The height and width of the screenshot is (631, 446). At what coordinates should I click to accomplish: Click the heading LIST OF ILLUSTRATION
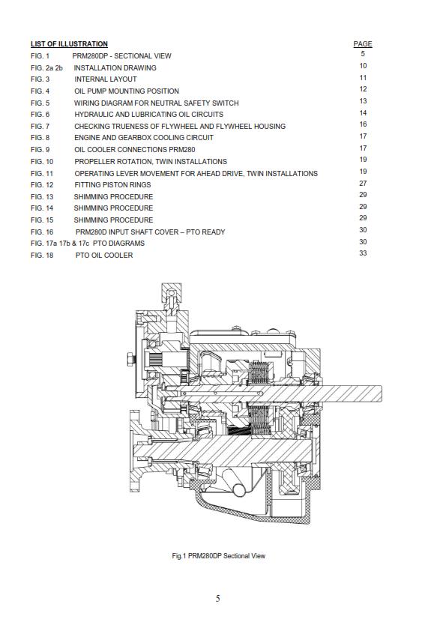[x=69, y=44]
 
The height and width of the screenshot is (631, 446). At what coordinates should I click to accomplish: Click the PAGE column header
[x=363, y=44]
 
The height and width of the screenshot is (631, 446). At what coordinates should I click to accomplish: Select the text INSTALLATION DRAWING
[x=115, y=67]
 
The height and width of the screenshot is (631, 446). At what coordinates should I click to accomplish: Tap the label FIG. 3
[x=40, y=79]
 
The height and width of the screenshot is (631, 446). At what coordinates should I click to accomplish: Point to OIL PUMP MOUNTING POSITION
[x=126, y=91]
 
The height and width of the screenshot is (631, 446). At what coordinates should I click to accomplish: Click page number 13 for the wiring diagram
[x=363, y=101]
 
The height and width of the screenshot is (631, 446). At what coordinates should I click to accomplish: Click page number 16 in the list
[x=363, y=124]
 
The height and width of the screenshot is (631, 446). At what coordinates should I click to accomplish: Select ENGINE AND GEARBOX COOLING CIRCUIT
[x=143, y=138]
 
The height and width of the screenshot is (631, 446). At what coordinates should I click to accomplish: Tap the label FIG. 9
[x=40, y=150]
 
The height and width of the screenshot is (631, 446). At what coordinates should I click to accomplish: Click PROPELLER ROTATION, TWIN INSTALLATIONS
[x=150, y=161]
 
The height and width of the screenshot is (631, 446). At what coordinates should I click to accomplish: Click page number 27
[x=363, y=183]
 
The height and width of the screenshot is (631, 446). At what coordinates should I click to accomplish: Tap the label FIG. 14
[x=42, y=208]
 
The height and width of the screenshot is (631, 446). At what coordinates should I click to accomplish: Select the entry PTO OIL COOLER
[x=104, y=256]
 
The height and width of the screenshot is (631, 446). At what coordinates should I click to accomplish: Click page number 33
[x=363, y=253]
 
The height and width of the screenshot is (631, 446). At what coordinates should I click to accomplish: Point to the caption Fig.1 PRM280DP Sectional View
[x=218, y=556]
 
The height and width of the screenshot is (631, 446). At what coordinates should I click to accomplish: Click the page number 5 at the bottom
[x=217, y=599]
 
